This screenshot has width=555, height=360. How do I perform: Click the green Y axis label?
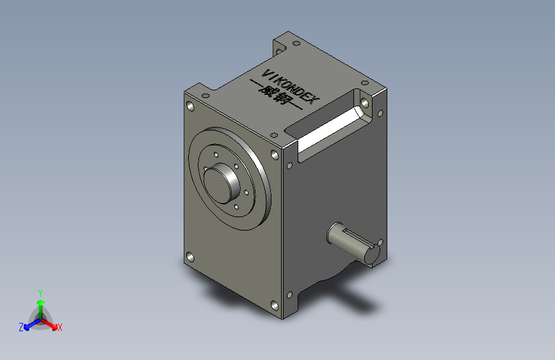point(40,293)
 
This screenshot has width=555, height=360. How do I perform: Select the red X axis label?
point(60,328)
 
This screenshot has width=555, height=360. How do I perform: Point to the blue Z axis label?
point(21,327)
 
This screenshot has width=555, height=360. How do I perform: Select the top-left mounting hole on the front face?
point(190,106)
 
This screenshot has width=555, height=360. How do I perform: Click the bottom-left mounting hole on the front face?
point(190,257)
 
